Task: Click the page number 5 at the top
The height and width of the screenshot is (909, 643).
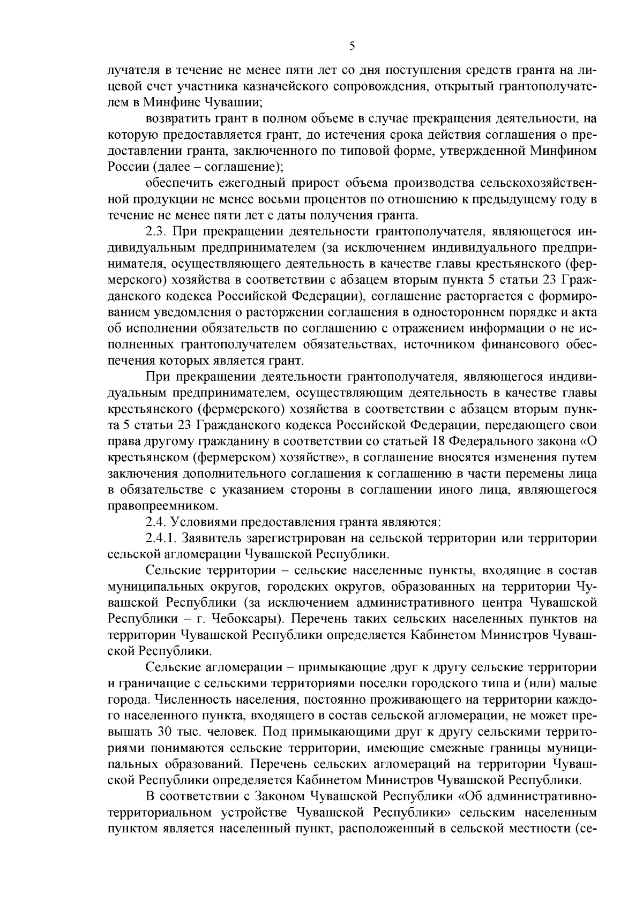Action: (x=352, y=46)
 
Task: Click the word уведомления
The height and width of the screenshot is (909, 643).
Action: (x=175, y=313)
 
